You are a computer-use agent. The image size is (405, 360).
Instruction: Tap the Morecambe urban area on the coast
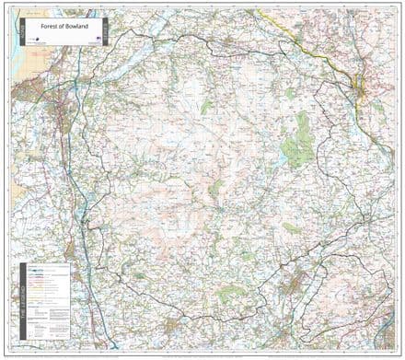[28, 92]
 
